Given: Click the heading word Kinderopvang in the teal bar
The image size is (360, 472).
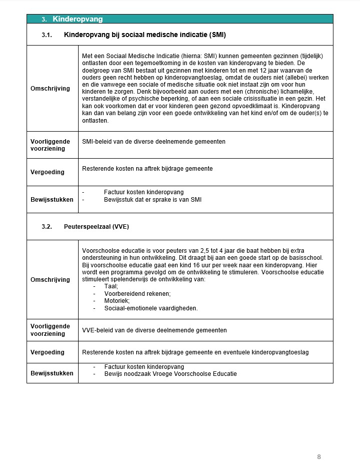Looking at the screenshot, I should pyautogui.click(x=78, y=19).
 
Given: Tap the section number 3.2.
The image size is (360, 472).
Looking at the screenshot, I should pyautogui.click(x=47, y=227).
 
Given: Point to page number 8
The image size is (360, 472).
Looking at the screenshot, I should pyautogui.click(x=319, y=456).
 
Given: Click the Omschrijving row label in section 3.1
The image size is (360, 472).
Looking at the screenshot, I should pyautogui.click(x=51, y=89).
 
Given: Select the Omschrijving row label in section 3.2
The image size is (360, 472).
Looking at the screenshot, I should pyautogui.click(x=51, y=280).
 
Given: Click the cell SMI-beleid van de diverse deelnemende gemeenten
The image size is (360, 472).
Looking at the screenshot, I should pyautogui.click(x=154, y=142).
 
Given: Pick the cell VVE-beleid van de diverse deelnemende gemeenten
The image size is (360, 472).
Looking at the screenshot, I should pyautogui.click(x=154, y=330).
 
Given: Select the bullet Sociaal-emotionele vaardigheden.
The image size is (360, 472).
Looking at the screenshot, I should pyautogui.click(x=151, y=308).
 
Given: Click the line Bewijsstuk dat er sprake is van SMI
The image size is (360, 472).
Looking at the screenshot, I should pyautogui.click(x=153, y=200).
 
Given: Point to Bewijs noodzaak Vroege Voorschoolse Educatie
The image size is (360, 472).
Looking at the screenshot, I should pyautogui.click(x=170, y=374).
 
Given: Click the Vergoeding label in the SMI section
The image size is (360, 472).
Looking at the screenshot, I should pyautogui.click(x=48, y=172).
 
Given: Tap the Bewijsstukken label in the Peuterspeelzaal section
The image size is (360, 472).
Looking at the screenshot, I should pyautogui.click(x=52, y=373).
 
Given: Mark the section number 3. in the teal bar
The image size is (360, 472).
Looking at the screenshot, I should pyautogui.click(x=44, y=20).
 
